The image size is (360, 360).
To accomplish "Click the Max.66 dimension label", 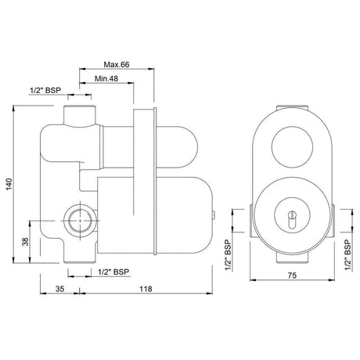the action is pos(117,64).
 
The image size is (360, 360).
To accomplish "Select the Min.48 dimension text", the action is pos(106,78).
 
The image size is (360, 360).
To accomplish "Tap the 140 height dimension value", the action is pos(9,184).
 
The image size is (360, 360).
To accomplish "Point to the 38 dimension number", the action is pos(26,242).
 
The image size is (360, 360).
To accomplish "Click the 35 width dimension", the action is pos(59,289).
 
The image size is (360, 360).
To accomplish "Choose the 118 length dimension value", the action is pos(146,289).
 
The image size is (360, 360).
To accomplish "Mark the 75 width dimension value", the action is pos(292,275).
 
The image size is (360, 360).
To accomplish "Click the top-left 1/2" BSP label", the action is pos(45,91).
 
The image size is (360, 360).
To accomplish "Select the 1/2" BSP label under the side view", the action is pos(113,272).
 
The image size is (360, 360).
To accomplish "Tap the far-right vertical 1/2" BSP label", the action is pos(348,255).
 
